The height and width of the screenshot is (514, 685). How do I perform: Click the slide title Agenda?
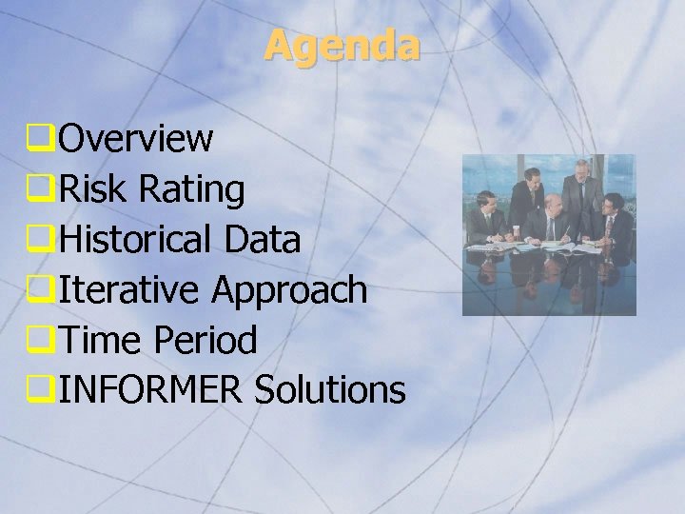342,45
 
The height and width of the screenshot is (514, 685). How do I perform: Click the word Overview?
135,139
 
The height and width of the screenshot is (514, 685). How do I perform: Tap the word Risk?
91,189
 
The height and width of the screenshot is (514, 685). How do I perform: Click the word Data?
263,240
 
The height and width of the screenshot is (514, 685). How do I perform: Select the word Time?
98,340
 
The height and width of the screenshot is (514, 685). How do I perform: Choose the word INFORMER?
150,389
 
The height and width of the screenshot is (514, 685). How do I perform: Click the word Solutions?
330,389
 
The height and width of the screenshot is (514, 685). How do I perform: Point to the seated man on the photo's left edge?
484,217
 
